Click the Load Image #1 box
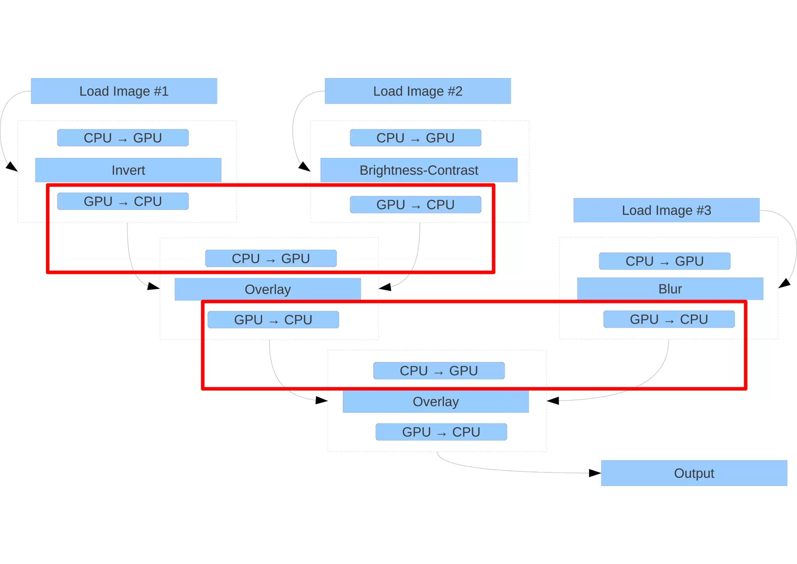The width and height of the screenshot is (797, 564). (x=124, y=91)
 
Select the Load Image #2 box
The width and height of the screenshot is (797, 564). (x=418, y=91)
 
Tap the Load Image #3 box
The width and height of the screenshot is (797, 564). (x=666, y=210)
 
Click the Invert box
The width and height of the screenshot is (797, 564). (x=128, y=170)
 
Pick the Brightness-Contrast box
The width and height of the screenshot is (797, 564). (x=419, y=170)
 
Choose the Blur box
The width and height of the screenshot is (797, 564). (x=670, y=289)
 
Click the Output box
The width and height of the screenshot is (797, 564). (x=694, y=473)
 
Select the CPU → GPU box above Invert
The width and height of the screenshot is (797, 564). (x=123, y=138)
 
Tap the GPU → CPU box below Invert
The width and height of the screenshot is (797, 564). (x=123, y=201)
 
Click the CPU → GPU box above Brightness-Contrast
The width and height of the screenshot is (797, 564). (x=415, y=138)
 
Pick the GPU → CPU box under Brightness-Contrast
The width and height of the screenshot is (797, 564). (x=415, y=204)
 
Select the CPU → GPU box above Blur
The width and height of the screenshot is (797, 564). (x=664, y=261)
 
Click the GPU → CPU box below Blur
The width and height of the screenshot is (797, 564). (x=669, y=319)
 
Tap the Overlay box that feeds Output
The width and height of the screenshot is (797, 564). (x=435, y=402)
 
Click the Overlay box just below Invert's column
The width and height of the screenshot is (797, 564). (x=268, y=289)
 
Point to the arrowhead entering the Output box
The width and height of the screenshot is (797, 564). (x=595, y=473)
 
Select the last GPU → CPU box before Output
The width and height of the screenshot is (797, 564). (x=441, y=432)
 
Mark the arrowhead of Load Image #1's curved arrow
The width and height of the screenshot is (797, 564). (x=12, y=167)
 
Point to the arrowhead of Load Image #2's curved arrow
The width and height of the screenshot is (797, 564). (x=305, y=167)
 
